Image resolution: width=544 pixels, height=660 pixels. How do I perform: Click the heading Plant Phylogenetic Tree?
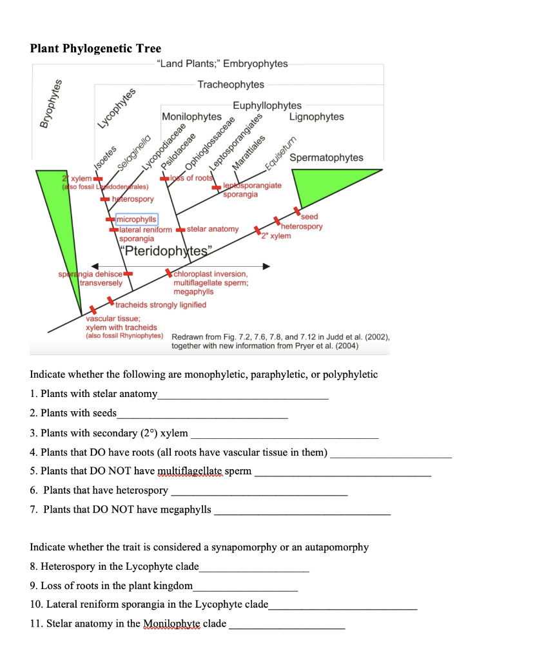pos(95,49)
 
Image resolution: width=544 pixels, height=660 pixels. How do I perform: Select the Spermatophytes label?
pos(326,158)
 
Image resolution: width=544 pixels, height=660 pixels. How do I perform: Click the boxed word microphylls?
pos(135,220)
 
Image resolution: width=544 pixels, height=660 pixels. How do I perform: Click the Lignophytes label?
pos(316,117)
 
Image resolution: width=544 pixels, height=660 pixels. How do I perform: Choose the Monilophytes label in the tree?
pos(191,117)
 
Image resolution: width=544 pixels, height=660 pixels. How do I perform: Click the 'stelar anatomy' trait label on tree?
pos(213,229)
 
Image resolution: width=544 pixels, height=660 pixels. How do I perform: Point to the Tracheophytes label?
pos(231,85)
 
